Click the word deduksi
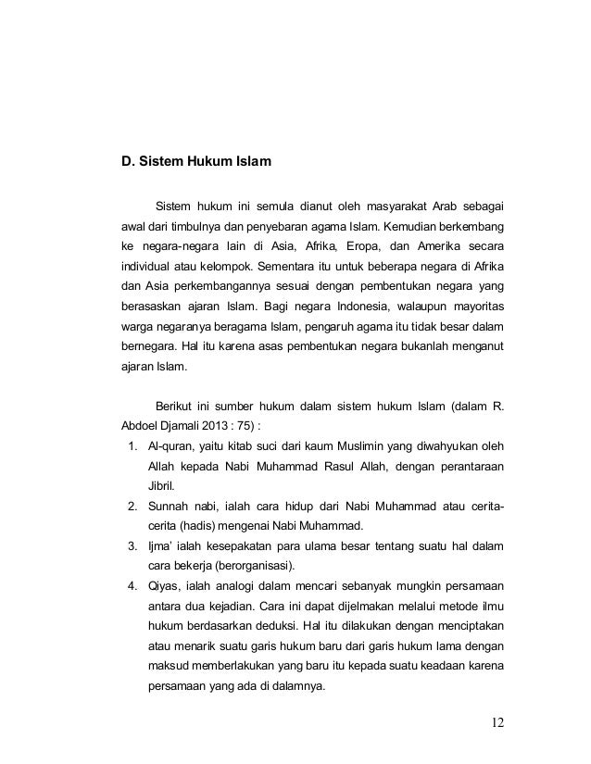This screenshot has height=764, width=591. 285,642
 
